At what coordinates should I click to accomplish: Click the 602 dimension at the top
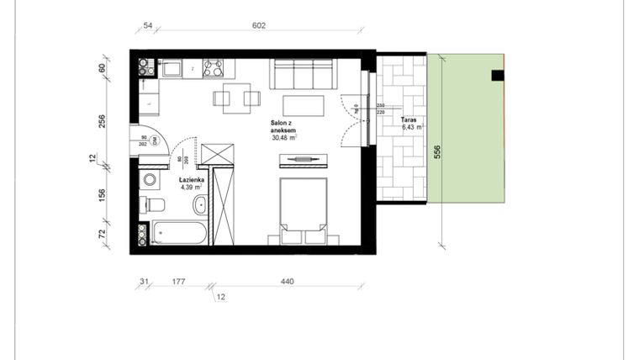click(258, 26)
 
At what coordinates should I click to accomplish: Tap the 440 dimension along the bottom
click(287, 282)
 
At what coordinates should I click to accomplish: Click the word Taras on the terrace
click(409, 119)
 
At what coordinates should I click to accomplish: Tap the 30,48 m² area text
click(286, 139)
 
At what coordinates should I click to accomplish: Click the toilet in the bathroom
click(155, 204)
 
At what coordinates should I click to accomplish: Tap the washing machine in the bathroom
click(151, 179)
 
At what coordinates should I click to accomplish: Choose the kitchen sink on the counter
click(172, 67)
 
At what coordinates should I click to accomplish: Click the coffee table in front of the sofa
click(303, 106)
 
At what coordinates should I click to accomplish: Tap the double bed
click(303, 206)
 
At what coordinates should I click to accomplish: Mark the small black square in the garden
click(498, 75)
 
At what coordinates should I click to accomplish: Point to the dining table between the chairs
click(236, 98)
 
